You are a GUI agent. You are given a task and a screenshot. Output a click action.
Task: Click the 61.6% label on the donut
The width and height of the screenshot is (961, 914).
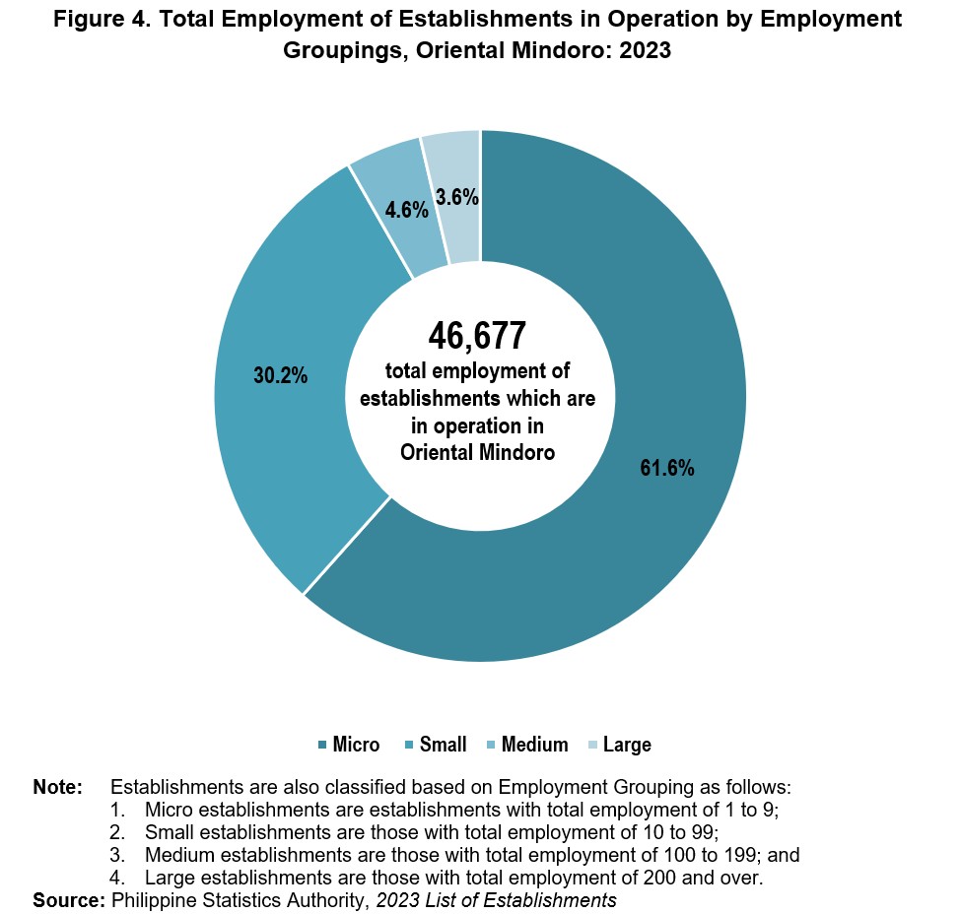pos(667,469)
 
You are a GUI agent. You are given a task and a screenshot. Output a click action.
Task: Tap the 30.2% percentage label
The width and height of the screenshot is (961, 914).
pos(280,375)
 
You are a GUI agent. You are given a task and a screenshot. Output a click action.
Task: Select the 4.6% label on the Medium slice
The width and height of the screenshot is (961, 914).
pos(406,210)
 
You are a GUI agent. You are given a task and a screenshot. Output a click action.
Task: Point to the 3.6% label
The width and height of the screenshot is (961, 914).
pos(457,197)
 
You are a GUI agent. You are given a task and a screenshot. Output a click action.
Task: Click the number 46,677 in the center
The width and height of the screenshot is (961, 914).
pos(477,336)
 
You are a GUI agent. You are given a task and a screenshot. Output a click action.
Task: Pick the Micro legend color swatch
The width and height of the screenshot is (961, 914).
pos(322,745)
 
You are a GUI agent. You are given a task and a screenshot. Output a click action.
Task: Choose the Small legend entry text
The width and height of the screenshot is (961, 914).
pos(444,745)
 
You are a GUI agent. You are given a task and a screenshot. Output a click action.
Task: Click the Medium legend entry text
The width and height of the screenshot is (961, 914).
pos(534,745)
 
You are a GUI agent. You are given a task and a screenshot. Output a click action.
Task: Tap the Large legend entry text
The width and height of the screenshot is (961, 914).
pos(627,745)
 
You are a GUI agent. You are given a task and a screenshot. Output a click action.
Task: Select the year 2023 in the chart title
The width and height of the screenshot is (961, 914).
pos(645,50)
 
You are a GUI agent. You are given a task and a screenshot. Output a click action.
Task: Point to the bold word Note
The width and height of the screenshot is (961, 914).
pos(57,787)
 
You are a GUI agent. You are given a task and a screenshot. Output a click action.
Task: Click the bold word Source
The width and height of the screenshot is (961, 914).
pos(69,900)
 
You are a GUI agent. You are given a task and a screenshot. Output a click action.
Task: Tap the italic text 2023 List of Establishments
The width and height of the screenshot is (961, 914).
pos(496,900)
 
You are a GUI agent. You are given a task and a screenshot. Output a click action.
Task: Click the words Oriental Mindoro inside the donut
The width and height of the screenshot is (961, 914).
pos(477,453)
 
